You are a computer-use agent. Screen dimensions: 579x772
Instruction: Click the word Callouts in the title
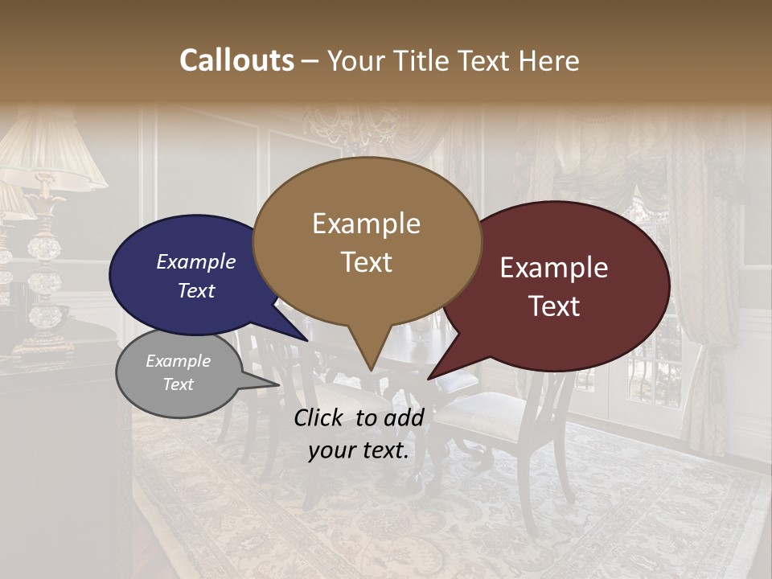point(236,60)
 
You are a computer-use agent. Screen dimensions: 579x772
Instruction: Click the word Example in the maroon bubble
point(554,268)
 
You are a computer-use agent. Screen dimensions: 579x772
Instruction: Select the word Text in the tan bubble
point(367,261)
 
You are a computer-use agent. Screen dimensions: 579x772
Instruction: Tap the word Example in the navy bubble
point(195,261)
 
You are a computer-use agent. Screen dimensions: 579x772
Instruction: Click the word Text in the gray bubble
point(179,384)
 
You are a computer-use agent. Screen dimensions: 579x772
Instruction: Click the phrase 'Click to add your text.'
point(358,433)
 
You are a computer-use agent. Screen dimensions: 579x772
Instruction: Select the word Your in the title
point(356,60)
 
